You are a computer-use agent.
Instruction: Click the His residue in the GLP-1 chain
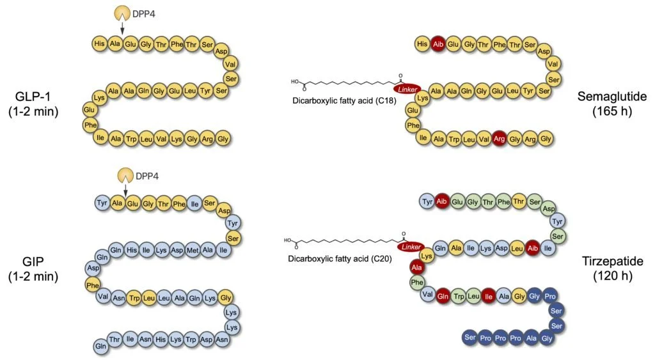pos(99,44)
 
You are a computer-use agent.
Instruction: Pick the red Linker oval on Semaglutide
pos(407,89)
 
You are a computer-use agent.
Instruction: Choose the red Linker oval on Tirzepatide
pos(410,246)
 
